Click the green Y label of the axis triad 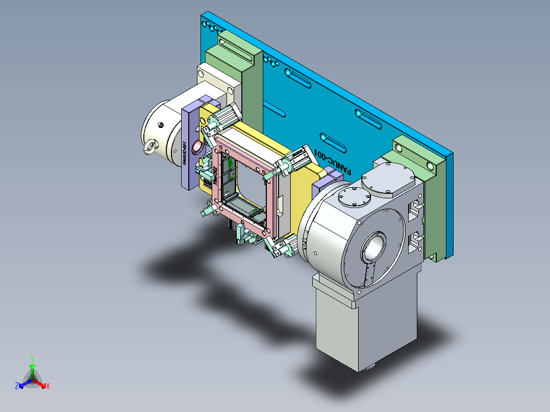coord(32,358)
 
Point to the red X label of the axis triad coord(48,387)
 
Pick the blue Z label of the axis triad coord(17,387)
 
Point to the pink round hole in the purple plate coord(196,148)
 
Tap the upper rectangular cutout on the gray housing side coord(416,209)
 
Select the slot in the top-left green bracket coord(238,44)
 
